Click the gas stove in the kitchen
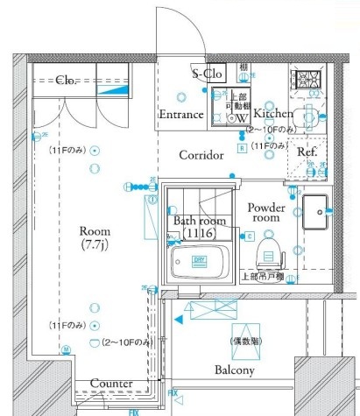[308, 81]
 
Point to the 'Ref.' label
[307, 152]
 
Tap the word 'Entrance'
[181, 115]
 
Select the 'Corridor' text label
[202, 155]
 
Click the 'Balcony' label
[232, 370]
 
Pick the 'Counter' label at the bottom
[111, 384]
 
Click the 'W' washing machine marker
[236, 118]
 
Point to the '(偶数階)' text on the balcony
[243, 340]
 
